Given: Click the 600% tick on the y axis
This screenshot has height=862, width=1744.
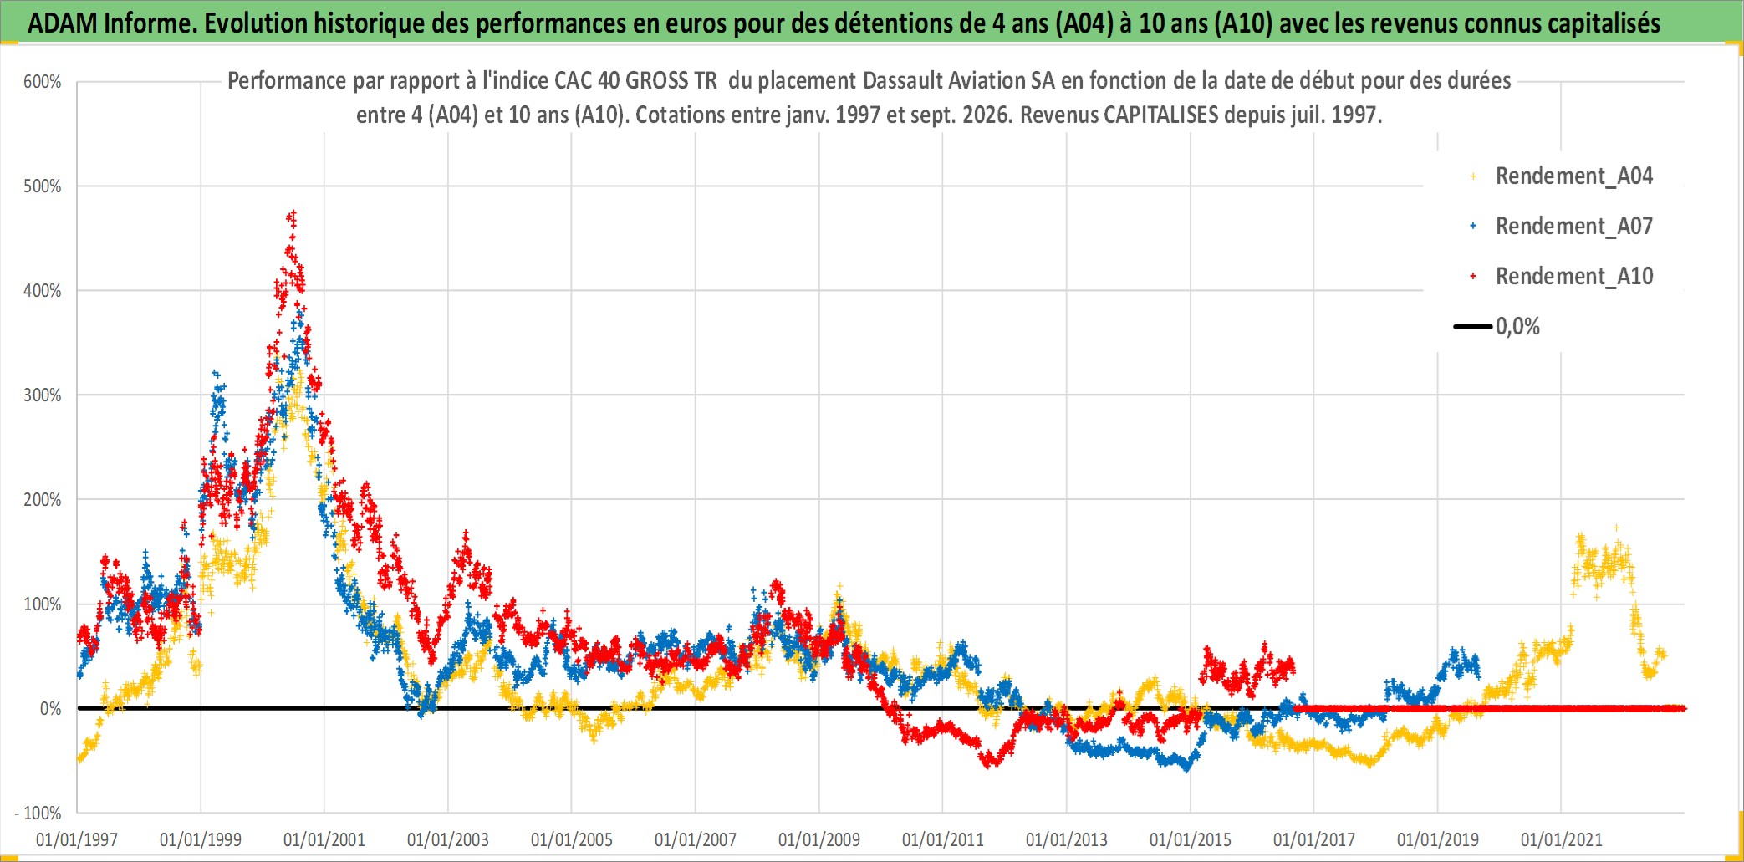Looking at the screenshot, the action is pyautogui.click(x=42, y=82).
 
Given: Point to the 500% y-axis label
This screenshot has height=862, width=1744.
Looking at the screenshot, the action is pyautogui.click(x=42, y=186).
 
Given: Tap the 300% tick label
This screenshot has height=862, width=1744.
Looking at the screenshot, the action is pyautogui.click(x=42, y=395).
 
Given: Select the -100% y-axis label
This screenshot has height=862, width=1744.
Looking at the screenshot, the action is pyautogui.click(x=38, y=814).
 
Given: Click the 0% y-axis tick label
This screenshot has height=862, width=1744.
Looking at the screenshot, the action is pyautogui.click(x=50, y=709).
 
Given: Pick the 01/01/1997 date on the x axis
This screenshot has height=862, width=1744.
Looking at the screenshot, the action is pyautogui.click(x=77, y=839).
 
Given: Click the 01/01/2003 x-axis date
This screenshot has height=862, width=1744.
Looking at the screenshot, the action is pyautogui.click(x=448, y=839).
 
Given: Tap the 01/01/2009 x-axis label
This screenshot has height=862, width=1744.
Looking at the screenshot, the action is pyautogui.click(x=819, y=839).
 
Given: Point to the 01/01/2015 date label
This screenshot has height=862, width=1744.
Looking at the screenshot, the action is pyautogui.click(x=1191, y=839).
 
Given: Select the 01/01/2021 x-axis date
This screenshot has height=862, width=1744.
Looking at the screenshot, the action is pyautogui.click(x=1562, y=839).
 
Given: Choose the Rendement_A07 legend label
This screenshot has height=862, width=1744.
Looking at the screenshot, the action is pyautogui.click(x=1574, y=226).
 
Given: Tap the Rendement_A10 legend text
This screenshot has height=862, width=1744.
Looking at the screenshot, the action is pyautogui.click(x=1574, y=276).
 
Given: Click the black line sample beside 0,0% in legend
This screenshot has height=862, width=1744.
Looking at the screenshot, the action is pyautogui.click(x=1473, y=326).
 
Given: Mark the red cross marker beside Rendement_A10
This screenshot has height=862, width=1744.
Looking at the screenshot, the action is pyautogui.click(x=1473, y=276).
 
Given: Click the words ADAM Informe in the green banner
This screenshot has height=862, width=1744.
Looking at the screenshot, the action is pyautogui.click(x=112, y=23).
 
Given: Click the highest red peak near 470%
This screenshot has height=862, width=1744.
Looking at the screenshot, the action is pyautogui.click(x=292, y=216).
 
